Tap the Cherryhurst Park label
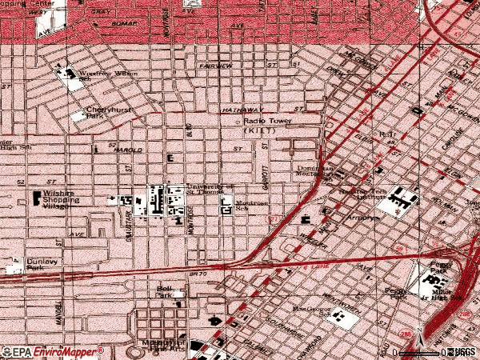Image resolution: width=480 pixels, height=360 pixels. tap(106, 112)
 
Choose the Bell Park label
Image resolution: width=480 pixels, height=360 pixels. tap(165, 291)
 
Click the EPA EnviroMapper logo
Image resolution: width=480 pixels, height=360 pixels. tap(53, 351)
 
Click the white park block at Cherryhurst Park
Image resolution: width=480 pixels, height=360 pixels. tap(78, 117)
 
